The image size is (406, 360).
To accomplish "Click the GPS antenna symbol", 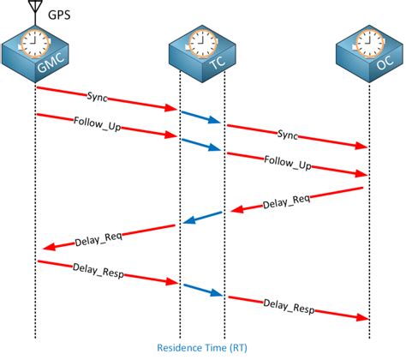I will [35, 10].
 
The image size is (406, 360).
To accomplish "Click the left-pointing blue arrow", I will [200, 219].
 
